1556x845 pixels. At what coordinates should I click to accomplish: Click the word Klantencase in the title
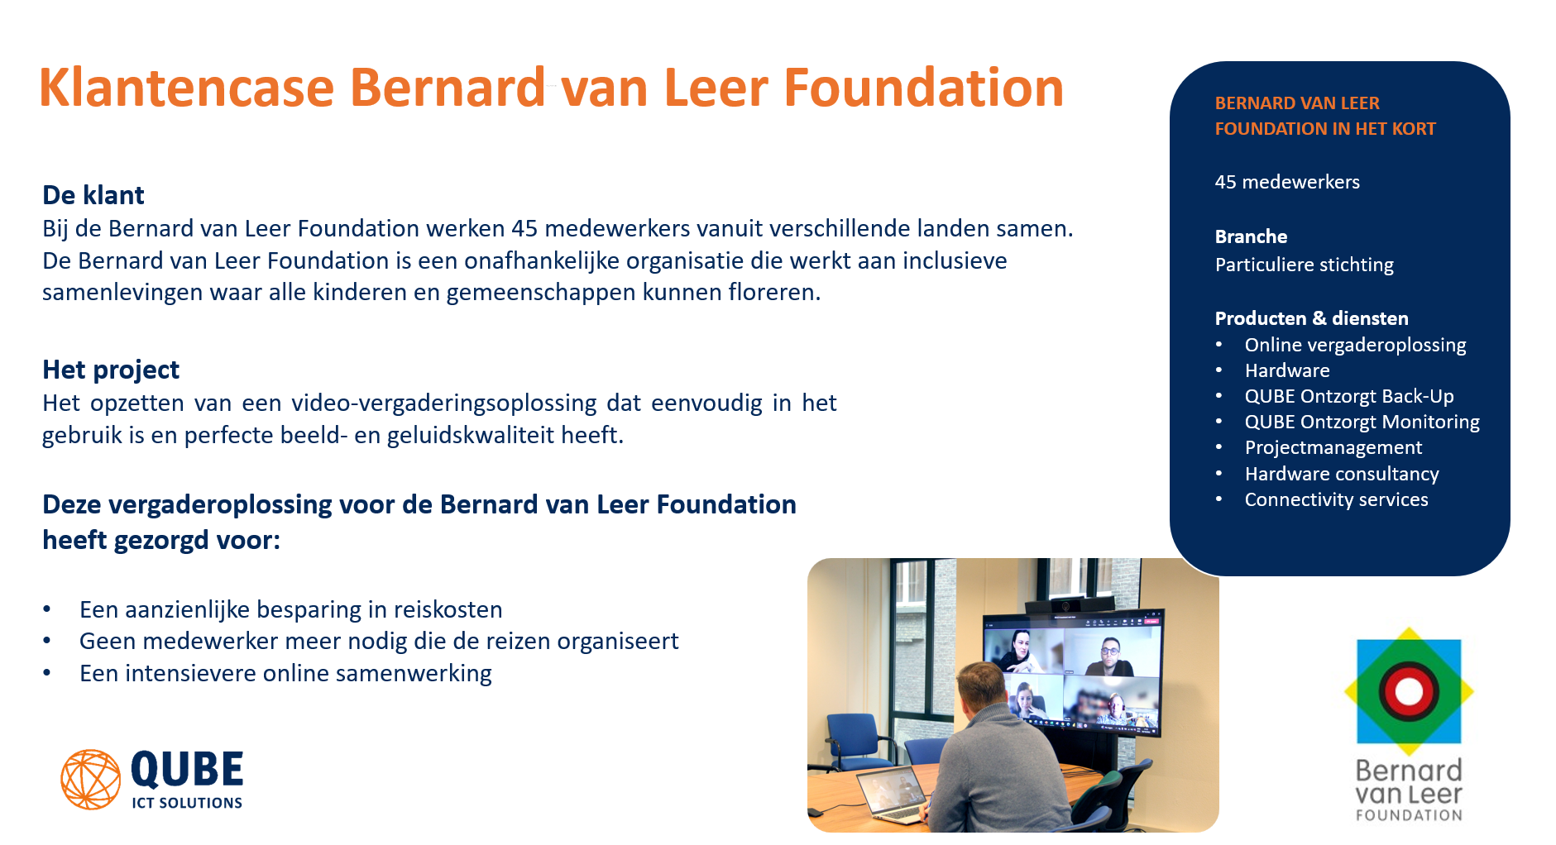(186, 88)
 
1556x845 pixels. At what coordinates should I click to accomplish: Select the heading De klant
(93, 195)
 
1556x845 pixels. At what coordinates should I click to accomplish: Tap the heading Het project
(111, 370)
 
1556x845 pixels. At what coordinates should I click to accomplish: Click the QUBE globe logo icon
(91, 779)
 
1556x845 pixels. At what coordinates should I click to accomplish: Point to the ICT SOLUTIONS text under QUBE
(187, 803)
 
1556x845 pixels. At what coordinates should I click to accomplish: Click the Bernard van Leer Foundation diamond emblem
(1409, 691)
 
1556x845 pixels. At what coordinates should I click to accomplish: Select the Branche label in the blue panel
(1251, 236)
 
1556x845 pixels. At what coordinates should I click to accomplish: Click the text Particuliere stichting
(1304, 265)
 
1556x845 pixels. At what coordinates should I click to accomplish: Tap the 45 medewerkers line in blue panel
(1287, 182)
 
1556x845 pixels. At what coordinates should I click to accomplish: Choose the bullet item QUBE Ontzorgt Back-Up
(1349, 396)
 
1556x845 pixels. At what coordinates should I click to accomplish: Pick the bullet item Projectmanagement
(1333, 447)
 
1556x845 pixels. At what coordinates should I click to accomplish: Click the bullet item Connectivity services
(1336, 499)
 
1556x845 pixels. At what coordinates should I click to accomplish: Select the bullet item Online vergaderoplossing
(1355, 345)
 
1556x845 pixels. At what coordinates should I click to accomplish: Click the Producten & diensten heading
(1311, 318)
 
